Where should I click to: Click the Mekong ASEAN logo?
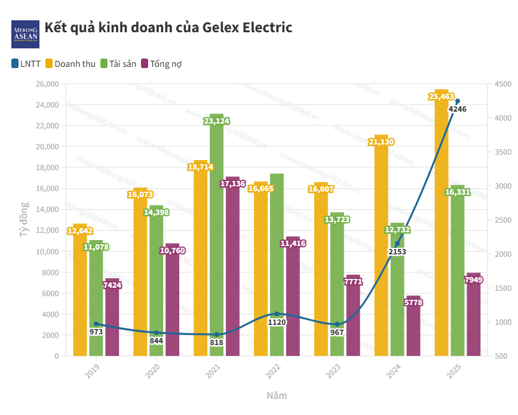tap(24, 33)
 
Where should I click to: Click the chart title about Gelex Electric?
tap(168, 27)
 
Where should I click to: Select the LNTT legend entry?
tap(26, 63)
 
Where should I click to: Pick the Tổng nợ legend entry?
tap(161, 63)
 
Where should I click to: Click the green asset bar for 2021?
tap(216, 239)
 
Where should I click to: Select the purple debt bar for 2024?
tap(413, 326)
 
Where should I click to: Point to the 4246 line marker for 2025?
tap(458, 102)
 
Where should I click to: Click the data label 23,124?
tap(216, 121)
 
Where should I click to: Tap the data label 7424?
tap(112, 285)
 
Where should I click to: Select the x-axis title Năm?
tap(277, 395)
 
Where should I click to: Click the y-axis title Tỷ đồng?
tap(24, 220)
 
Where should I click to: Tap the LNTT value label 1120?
tap(277, 322)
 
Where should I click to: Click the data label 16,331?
tap(458, 192)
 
